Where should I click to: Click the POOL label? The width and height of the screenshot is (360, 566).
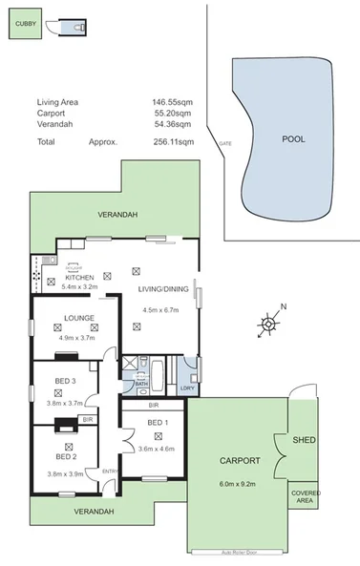[293, 138]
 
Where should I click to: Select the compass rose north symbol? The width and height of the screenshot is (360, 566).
[269, 324]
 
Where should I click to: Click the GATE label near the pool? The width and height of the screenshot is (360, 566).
[225, 143]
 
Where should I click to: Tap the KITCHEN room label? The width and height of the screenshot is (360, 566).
[79, 277]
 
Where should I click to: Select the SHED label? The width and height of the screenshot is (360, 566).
[304, 441]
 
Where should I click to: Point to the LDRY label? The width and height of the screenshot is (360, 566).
[187, 388]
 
